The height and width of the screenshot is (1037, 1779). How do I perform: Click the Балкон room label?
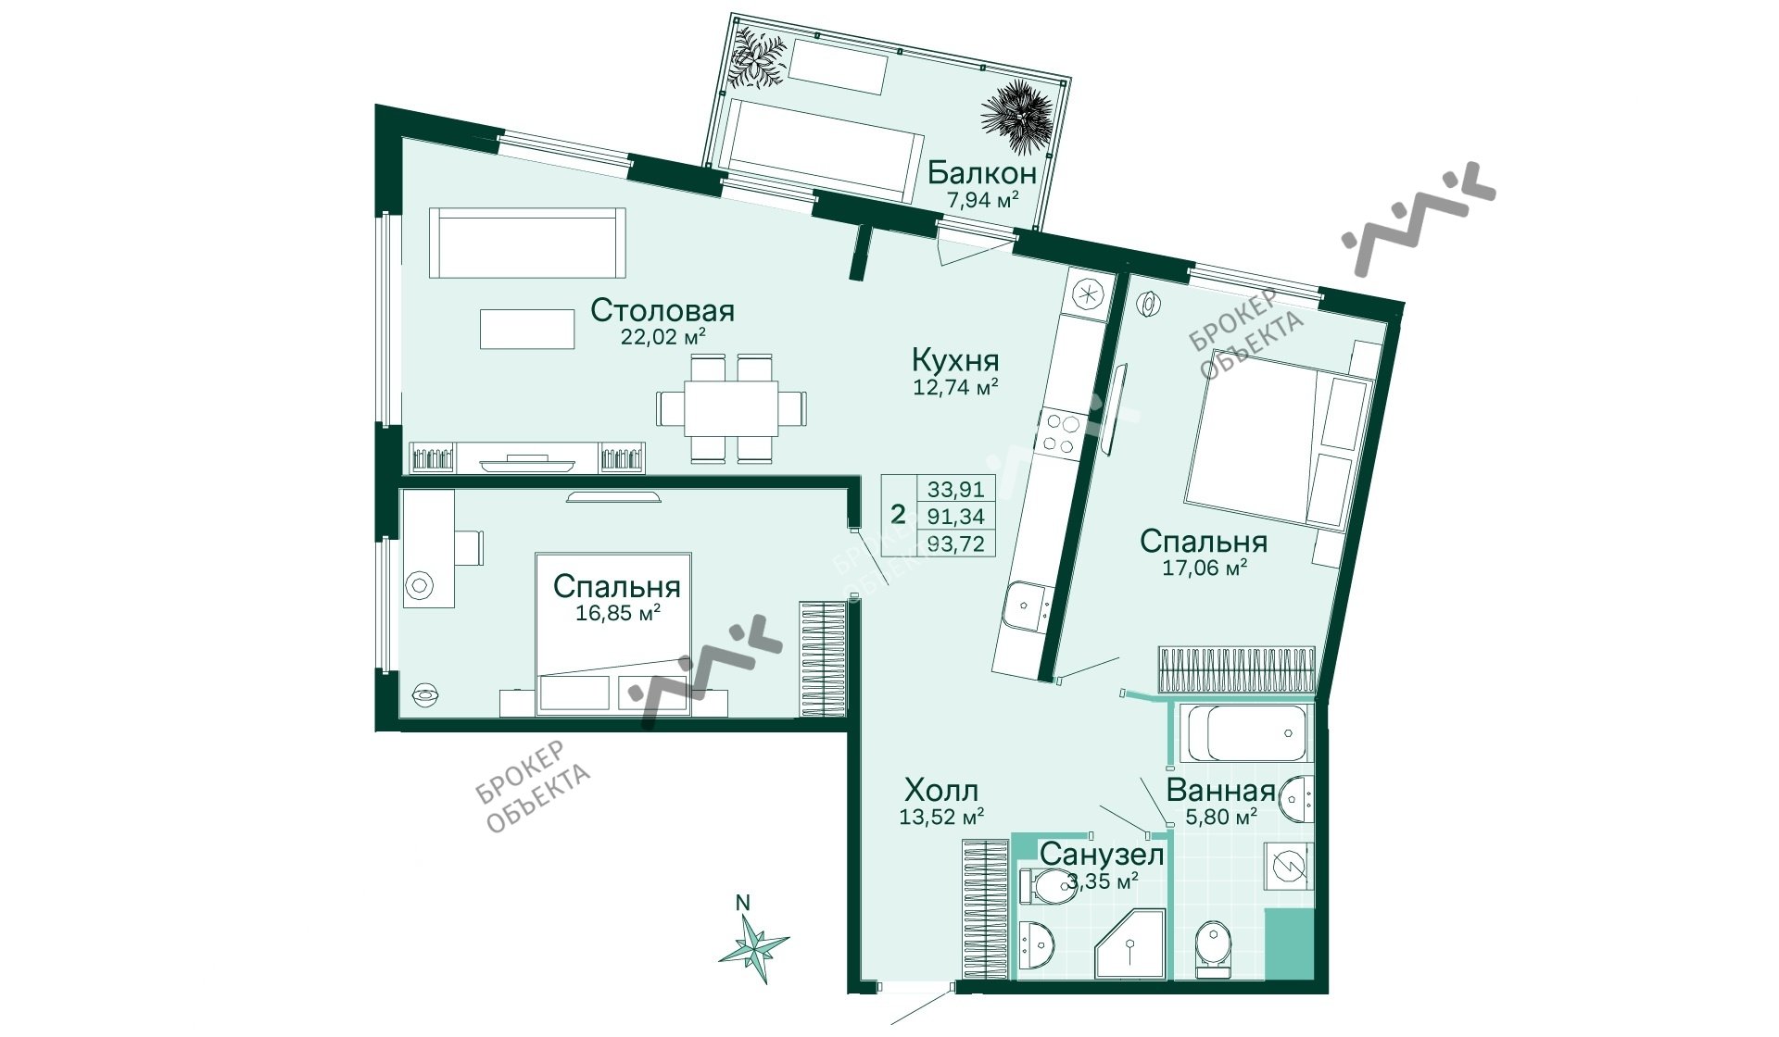982,172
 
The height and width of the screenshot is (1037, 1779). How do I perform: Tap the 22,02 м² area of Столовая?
663,337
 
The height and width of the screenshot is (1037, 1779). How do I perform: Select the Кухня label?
955,359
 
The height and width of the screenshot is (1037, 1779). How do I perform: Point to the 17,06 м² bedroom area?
1205,568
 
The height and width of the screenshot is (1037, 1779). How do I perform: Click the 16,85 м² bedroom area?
618,613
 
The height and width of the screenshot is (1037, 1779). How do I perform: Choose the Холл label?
941,791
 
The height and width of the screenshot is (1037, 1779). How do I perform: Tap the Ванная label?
1220,791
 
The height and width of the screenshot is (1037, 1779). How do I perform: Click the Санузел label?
1102,854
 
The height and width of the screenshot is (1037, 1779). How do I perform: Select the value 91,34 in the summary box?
956,517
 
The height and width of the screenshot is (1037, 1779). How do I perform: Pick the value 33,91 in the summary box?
956,489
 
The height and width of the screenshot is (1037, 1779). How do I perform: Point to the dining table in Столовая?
731,407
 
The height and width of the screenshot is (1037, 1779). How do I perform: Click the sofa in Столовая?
527,243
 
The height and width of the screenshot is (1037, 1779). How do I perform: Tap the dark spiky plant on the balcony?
1016,118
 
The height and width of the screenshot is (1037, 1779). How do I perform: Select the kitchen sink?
1026,606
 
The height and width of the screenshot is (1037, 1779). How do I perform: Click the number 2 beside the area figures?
897,515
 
